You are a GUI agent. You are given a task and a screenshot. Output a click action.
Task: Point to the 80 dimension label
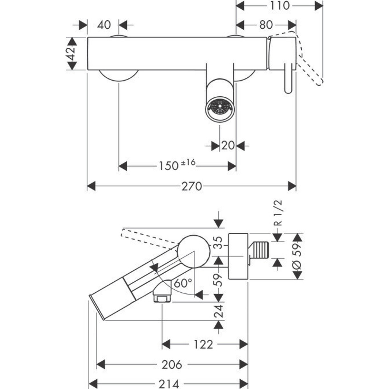click(x=266, y=25)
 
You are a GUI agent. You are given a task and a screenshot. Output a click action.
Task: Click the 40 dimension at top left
click(x=104, y=25)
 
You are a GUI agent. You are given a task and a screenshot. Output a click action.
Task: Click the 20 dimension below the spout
click(x=228, y=146)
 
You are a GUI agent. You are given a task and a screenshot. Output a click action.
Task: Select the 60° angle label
click(x=183, y=283)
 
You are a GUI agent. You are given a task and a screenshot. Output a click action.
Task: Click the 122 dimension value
click(x=203, y=344)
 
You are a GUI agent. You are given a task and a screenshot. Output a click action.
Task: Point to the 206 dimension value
click(x=172, y=365)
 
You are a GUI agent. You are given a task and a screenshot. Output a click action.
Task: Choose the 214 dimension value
click(x=169, y=384)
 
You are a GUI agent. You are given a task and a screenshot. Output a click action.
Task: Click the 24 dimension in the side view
click(x=219, y=311)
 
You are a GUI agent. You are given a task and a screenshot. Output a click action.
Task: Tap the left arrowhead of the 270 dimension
click(x=92, y=186)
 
